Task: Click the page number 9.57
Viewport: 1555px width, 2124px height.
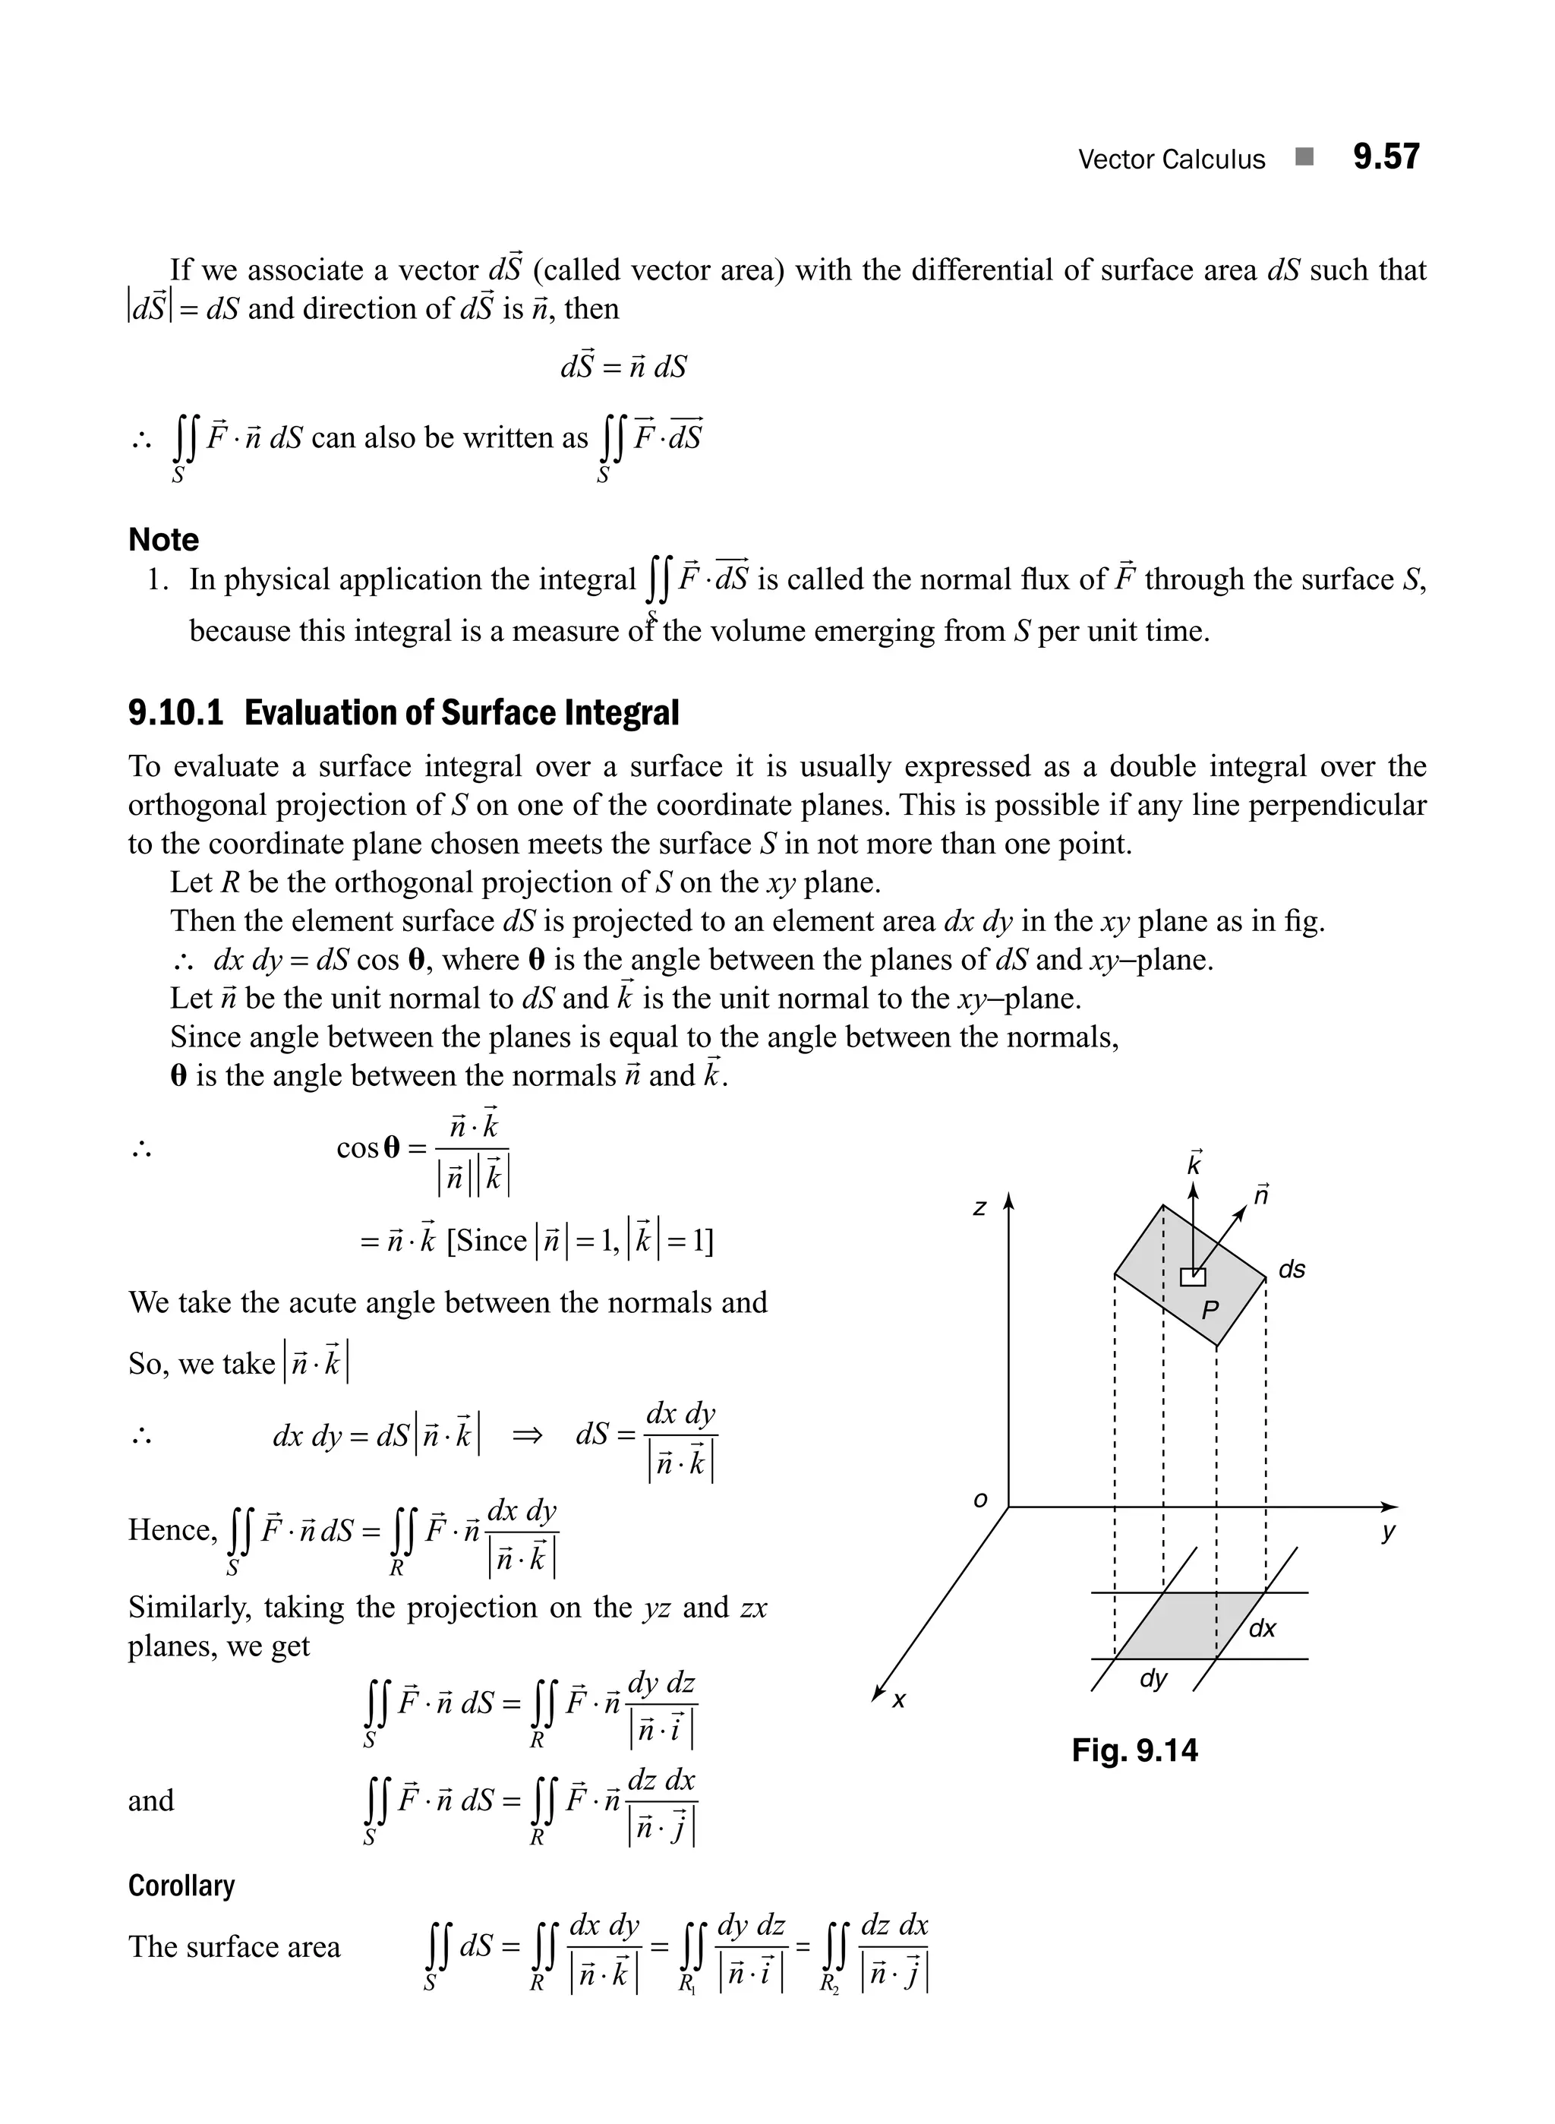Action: click(x=1386, y=156)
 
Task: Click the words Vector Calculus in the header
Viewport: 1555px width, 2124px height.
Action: click(x=1171, y=159)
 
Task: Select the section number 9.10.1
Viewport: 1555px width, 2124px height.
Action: click(x=176, y=713)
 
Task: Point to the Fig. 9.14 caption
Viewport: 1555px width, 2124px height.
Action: click(x=1134, y=1750)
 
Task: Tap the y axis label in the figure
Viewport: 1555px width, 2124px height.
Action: click(x=1387, y=1532)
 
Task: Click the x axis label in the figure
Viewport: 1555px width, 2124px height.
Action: click(x=899, y=1700)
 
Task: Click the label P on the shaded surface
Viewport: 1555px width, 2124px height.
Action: click(x=1210, y=1310)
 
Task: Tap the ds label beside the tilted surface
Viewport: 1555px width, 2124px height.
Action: click(x=1292, y=1269)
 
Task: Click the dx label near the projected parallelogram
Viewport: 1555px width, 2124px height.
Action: click(x=1262, y=1629)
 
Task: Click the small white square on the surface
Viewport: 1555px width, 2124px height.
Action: click(x=1193, y=1277)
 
